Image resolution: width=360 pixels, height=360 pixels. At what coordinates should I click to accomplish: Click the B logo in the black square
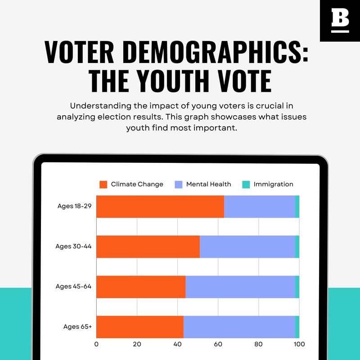(340, 21)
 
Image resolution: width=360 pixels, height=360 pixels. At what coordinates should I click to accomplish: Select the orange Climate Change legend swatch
(103, 184)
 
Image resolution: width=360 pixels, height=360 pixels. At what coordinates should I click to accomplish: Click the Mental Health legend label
(208, 184)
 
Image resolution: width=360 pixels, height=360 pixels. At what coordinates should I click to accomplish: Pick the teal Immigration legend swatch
(246, 184)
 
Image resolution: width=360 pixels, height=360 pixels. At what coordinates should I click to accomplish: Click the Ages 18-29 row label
(74, 206)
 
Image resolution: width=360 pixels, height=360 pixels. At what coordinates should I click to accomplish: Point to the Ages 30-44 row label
(74, 246)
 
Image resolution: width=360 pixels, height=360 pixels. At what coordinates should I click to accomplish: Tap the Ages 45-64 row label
(74, 286)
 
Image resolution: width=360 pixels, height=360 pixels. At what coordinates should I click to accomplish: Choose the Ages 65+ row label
(77, 326)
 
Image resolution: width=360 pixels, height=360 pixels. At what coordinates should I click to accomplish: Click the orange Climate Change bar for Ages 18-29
(160, 207)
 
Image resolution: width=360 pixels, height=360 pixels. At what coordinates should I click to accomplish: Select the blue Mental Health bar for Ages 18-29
(260, 207)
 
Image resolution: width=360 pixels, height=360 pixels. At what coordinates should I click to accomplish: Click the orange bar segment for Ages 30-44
(148, 247)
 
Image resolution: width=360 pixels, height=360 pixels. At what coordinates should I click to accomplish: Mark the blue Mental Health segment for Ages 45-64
(240, 287)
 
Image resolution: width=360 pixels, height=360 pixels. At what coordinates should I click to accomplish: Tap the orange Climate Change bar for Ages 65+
(140, 327)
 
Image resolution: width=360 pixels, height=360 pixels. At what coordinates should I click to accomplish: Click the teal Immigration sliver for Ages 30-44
(297, 247)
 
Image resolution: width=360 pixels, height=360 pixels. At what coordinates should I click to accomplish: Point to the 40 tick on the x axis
(178, 344)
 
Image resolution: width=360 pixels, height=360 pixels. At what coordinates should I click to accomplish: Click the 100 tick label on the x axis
(299, 344)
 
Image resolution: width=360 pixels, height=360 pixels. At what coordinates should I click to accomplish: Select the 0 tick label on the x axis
(97, 344)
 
